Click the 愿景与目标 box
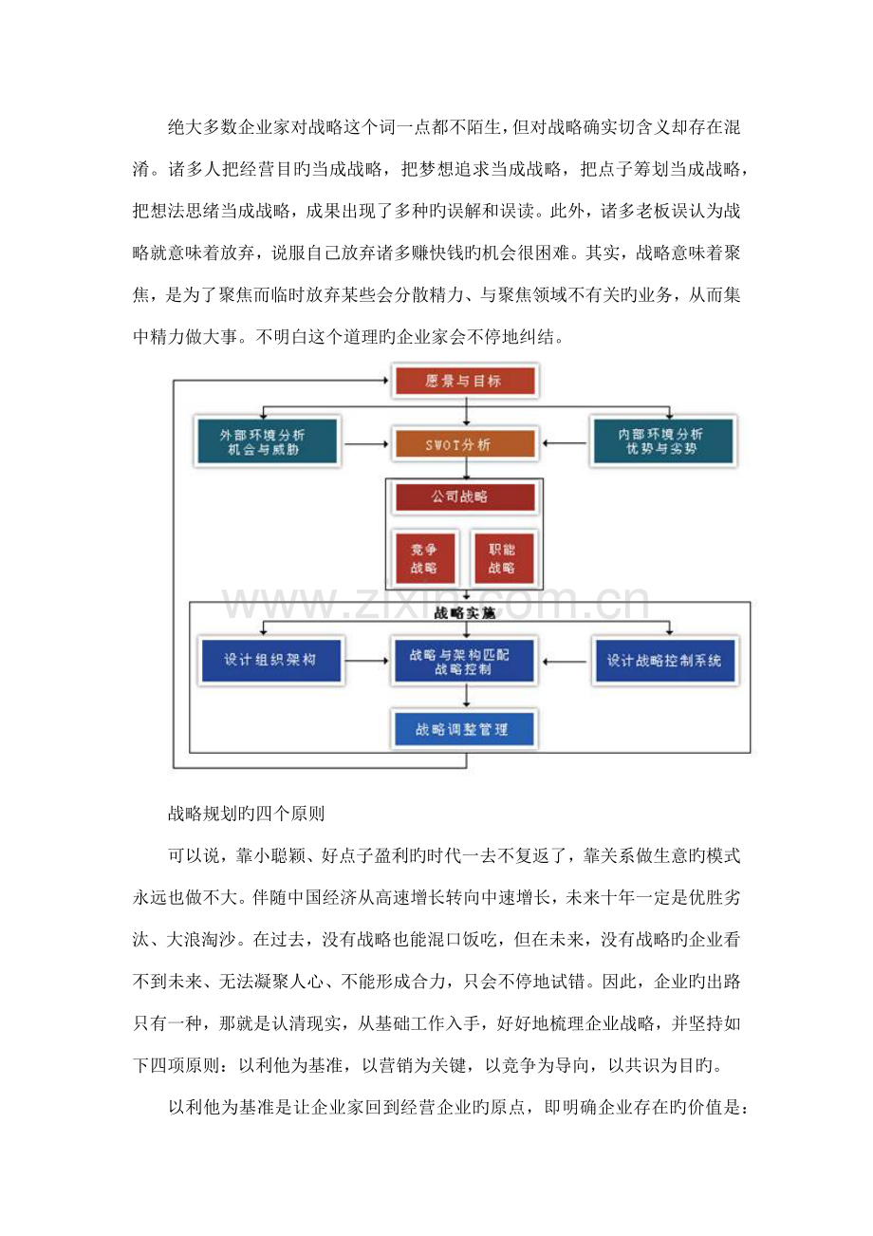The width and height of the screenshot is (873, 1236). point(465,382)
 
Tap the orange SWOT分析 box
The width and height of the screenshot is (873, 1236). point(465,443)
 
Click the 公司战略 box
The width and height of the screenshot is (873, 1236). point(465,496)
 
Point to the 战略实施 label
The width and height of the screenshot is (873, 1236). point(465,613)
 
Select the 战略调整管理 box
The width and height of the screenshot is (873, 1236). point(465,730)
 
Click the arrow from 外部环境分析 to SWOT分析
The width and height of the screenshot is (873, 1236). point(368,443)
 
